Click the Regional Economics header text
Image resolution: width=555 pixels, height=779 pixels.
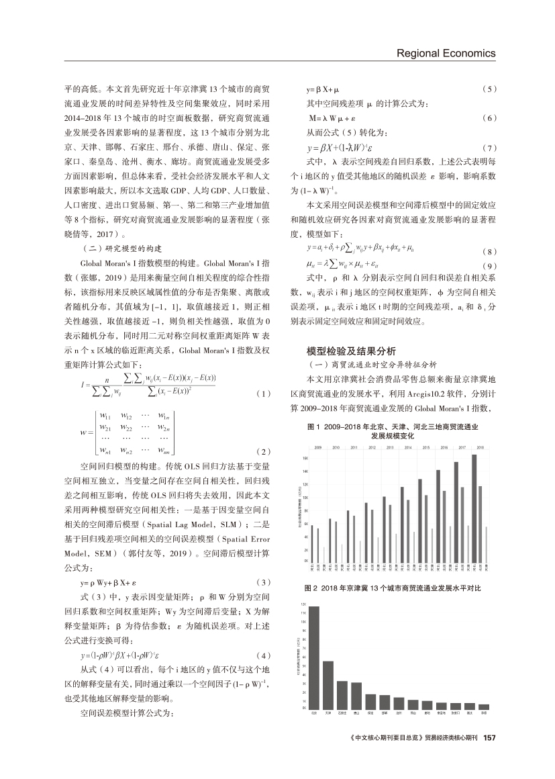446,53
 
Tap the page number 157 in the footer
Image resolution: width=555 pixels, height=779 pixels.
489,738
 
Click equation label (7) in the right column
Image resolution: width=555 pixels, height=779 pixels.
489,147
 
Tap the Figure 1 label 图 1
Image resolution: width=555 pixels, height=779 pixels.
313,426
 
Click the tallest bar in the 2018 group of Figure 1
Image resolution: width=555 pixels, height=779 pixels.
474,506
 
